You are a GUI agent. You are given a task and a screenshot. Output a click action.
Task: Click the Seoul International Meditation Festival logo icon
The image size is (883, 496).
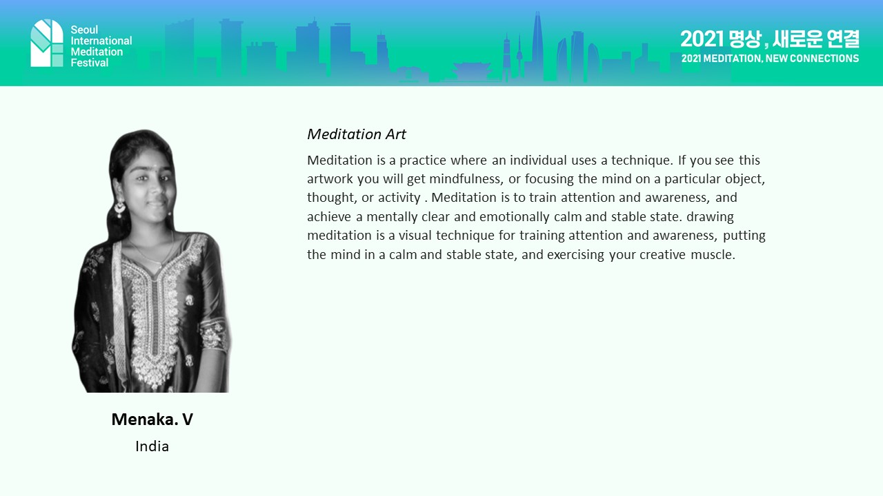(47, 43)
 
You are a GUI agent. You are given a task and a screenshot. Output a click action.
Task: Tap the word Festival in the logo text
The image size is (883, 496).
(90, 63)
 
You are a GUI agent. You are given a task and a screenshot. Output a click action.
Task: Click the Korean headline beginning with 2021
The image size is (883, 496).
(769, 39)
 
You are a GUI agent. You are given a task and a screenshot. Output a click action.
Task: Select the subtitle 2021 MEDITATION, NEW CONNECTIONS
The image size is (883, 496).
(770, 59)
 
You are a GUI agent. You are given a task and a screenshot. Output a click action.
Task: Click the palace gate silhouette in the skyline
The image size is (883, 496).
(471, 72)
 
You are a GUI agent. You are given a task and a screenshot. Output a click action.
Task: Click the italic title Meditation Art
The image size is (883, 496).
(357, 134)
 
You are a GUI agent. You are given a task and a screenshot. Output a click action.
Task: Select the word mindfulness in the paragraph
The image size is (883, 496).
(466, 179)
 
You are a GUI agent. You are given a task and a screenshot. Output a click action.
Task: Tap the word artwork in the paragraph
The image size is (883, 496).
(330, 179)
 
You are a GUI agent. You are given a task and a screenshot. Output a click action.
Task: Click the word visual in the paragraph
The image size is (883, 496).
(415, 236)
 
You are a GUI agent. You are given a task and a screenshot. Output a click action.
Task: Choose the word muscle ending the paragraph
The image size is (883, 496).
(713, 255)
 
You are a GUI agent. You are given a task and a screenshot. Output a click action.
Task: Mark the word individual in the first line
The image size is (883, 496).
(538, 161)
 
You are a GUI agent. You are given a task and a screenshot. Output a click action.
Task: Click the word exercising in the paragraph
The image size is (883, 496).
(575, 255)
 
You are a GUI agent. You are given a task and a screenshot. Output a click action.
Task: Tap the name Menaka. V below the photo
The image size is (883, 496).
(152, 420)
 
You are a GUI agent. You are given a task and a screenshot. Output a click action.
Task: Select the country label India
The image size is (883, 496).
(152, 446)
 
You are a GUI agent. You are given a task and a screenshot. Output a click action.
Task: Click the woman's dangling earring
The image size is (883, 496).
(119, 209)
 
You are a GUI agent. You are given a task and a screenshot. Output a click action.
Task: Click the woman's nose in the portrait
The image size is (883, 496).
(157, 189)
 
